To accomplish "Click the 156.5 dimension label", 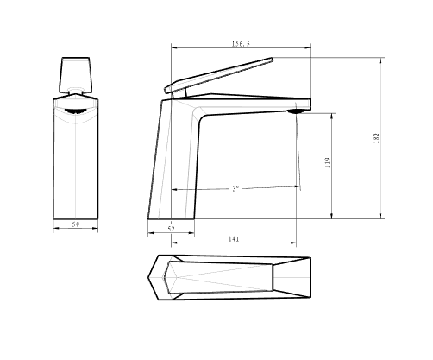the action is coord(241,44).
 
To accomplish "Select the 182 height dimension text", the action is coord(376,138).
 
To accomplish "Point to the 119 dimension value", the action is coord(328,163).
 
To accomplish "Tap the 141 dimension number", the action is coord(234,239).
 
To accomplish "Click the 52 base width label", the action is coord(171,229).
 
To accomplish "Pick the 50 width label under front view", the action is coord(76,224).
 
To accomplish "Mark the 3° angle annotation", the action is coord(235,189).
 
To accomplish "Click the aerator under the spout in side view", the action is coord(297,111).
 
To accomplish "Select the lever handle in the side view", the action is coord(218,75).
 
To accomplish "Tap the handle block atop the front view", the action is coord(76,75).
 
